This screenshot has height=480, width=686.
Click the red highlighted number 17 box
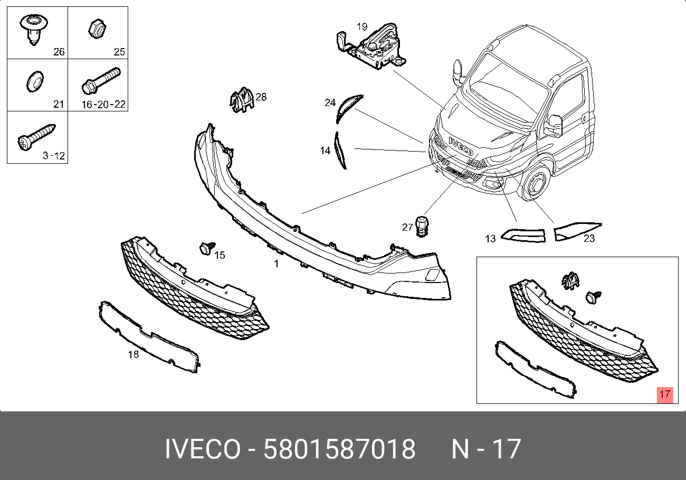(665, 395)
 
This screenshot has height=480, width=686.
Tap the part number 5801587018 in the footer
(339, 449)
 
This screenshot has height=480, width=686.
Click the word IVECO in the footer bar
(203, 449)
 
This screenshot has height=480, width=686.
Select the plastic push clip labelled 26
(34, 30)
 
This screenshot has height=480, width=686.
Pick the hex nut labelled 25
(97, 29)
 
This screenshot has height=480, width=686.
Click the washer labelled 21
(35, 81)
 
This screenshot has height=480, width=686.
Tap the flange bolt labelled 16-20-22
(101, 81)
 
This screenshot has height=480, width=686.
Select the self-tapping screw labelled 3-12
(36, 137)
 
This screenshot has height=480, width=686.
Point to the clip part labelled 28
(242, 99)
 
